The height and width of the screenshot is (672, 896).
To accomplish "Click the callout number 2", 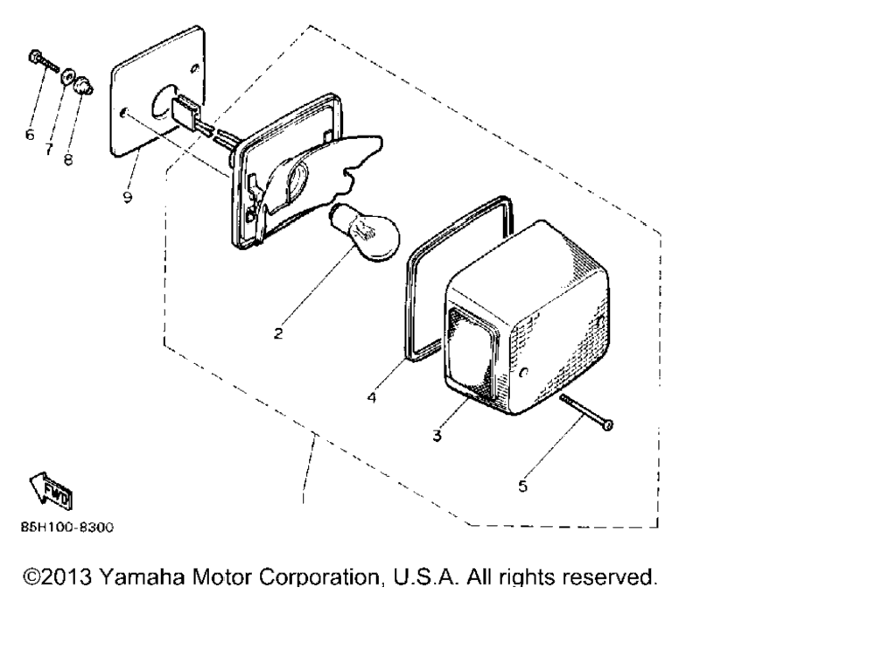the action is pos(278,333).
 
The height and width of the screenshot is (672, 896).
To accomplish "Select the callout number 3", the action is pos(437,436).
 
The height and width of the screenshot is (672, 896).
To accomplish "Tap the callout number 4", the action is pos(372,397).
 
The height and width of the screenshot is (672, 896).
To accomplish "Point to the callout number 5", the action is pos(523,486).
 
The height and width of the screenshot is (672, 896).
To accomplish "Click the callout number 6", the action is pos(30,135).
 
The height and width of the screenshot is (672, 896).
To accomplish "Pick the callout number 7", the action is pos(49,149).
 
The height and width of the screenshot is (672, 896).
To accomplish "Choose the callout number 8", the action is pos(68,159).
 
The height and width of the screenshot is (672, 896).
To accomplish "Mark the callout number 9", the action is pos(128,197).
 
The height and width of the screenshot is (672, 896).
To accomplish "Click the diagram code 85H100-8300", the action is pos(67,528).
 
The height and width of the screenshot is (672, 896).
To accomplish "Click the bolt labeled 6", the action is pos(43,63).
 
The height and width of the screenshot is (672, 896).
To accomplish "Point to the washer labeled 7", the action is pos(67,75).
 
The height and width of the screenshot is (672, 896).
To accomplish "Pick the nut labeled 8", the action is pos(84,85).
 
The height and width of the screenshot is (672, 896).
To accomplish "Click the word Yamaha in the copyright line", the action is pos(142,577).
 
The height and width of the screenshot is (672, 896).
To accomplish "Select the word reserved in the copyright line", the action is pos(609,577).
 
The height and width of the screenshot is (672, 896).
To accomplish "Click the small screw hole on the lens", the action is pos(525,374).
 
